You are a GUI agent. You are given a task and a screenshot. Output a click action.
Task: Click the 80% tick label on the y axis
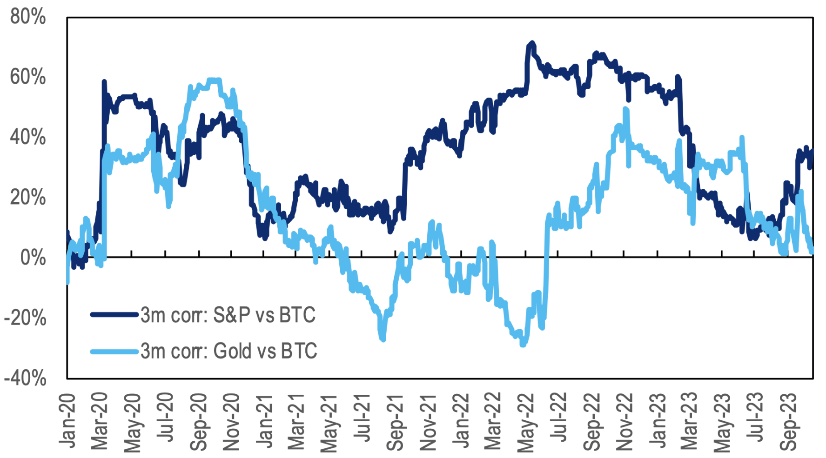(28, 17)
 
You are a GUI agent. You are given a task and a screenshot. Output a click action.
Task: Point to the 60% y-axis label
(28, 77)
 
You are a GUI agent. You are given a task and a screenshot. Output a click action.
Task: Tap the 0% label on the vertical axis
(33, 258)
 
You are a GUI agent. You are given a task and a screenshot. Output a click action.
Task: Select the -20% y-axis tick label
(26, 319)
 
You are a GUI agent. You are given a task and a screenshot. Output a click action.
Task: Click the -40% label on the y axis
(26, 378)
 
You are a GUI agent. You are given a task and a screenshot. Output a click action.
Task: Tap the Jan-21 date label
(264, 421)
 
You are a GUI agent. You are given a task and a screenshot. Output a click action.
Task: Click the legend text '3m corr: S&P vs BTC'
(228, 315)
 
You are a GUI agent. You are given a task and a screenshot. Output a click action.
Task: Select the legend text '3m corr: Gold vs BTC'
(229, 351)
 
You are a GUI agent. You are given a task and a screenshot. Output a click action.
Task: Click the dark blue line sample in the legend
(114, 315)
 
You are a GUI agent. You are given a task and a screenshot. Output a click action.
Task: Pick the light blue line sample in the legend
(114, 351)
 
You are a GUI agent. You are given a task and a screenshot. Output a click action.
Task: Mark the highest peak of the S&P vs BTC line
(531, 43)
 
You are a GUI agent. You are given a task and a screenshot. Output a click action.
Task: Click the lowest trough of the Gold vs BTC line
(523, 345)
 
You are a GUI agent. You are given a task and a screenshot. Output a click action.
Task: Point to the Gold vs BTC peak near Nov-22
(625, 109)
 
